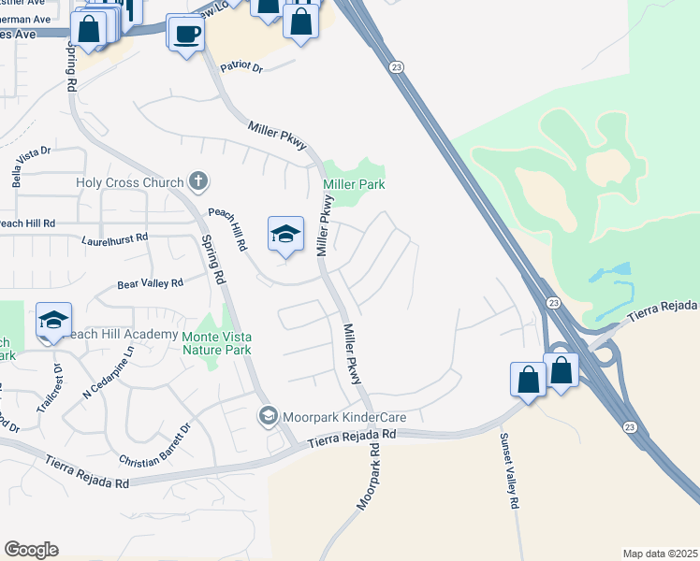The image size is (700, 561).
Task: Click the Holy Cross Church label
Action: pos(129,182)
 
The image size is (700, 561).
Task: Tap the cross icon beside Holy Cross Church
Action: pos(197,180)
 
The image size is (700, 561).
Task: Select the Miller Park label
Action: pos(354,184)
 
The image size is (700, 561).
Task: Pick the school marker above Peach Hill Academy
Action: pos(54,321)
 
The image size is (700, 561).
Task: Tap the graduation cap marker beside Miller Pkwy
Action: pos(285,234)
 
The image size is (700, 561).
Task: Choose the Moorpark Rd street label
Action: pos(369,476)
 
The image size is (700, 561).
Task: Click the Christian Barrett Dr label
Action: pos(155,446)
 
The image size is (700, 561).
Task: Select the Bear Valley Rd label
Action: pos(150,283)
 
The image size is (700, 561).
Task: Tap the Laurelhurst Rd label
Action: pos(115,238)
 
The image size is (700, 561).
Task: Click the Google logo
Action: pos(31,550)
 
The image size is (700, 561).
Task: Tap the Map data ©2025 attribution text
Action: pos(660,554)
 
